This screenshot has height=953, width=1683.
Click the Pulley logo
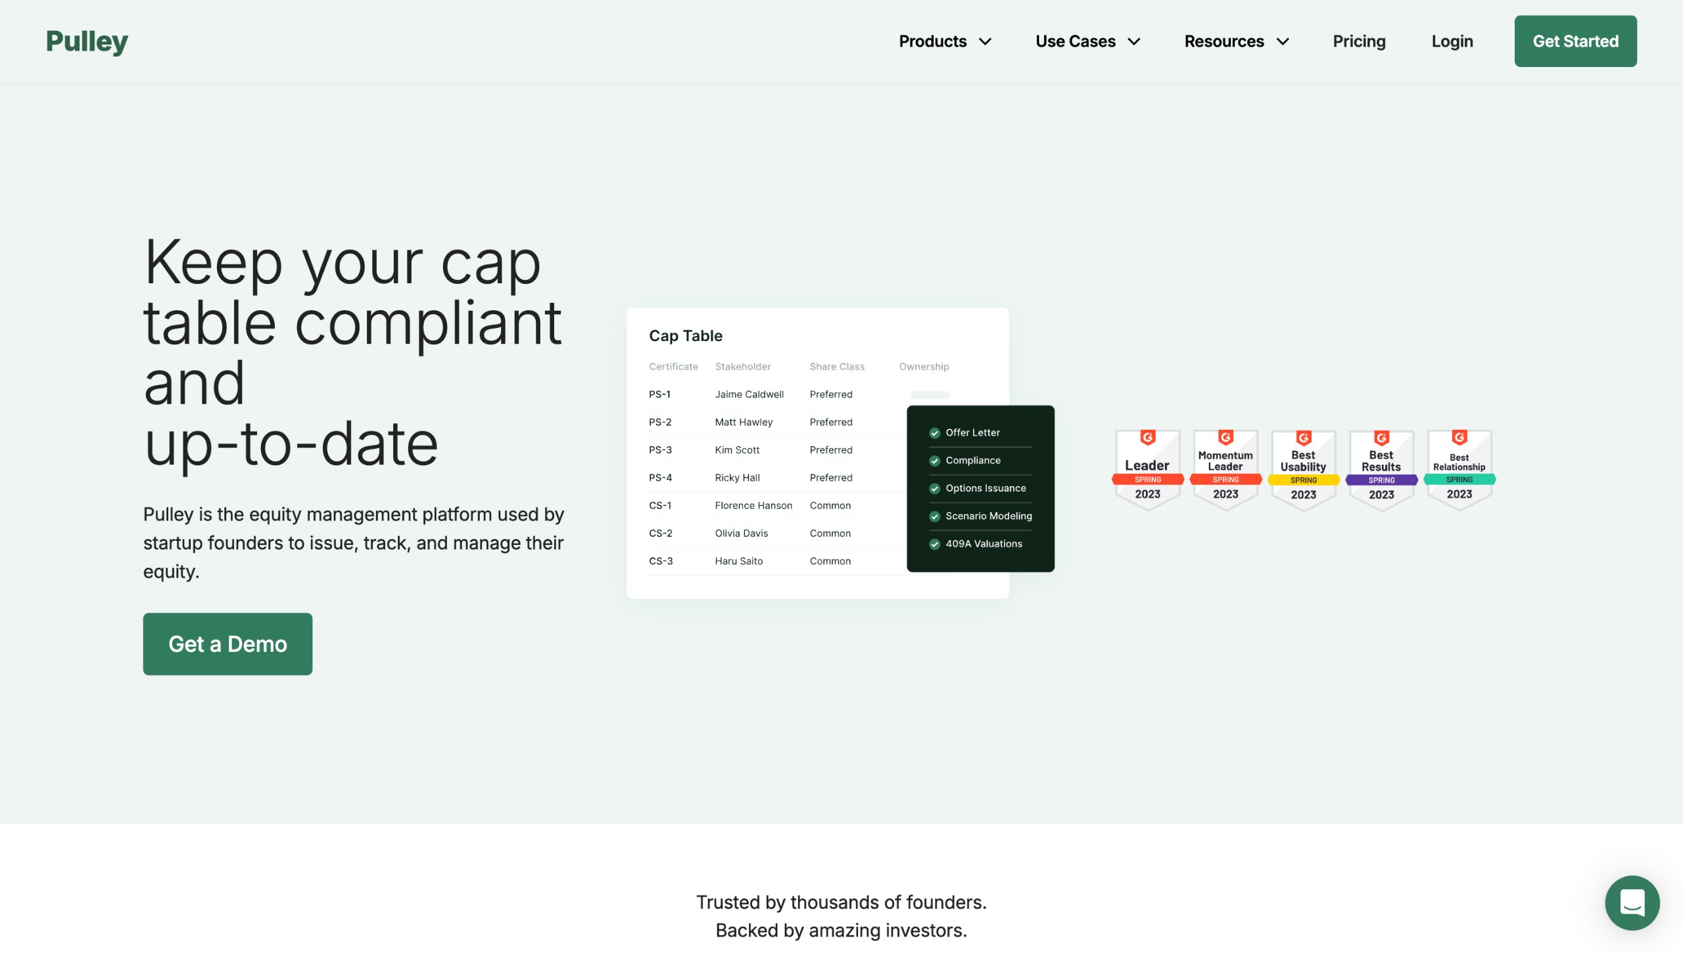point(87,41)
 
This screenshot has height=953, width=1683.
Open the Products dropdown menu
point(945,41)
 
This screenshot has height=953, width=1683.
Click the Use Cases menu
point(1088,41)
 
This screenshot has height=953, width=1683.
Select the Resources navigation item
point(1237,41)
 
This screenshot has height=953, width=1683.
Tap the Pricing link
point(1359,41)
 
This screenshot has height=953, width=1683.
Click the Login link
point(1452,41)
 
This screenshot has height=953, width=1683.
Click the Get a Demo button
point(227,644)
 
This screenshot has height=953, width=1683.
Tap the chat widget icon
point(1632,902)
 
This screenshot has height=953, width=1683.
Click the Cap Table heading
point(686,336)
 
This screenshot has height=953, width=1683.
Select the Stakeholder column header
point(743,367)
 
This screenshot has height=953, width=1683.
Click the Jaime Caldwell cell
point(749,394)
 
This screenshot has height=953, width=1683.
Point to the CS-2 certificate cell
point(661,533)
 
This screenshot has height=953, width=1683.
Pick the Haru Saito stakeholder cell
point(739,561)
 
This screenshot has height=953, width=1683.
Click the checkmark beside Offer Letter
point(934,433)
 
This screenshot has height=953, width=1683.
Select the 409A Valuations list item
point(976,544)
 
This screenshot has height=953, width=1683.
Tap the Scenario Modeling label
point(989,516)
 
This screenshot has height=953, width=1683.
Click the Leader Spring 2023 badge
point(1147,469)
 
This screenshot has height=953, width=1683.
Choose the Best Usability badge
point(1303,469)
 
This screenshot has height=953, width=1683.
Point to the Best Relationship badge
point(1459,469)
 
